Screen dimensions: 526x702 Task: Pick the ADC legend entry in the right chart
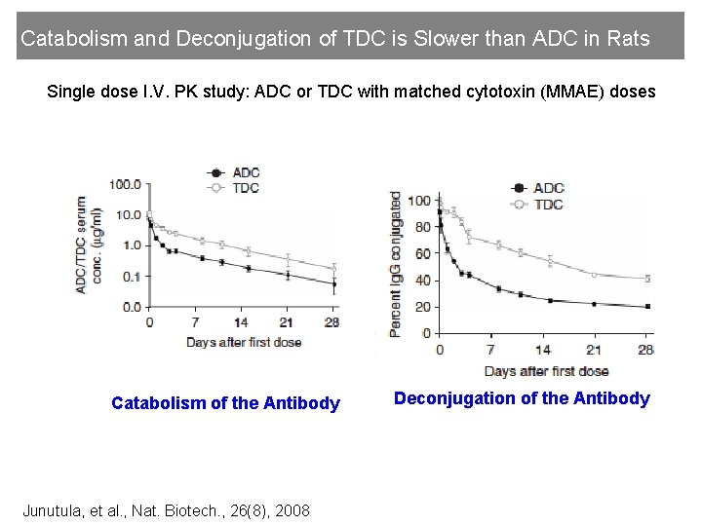click(x=549, y=188)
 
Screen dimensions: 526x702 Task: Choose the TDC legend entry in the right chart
click(x=549, y=205)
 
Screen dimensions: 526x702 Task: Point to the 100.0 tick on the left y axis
click(x=125, y=184)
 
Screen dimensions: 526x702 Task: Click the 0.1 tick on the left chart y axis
click(x=132, y=277)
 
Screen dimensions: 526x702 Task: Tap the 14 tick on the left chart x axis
click(x=242, y=322)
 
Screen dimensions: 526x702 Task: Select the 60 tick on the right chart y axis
click(x=420, y=254)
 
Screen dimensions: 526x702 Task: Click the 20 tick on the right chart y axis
click(x=420, y=307)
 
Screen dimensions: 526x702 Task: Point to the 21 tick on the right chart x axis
click(x=595, y=350)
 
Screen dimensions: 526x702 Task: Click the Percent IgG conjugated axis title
click(x=395, y=264)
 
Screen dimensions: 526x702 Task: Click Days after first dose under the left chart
click(x=244, y=342)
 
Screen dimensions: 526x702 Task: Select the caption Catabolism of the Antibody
click(x=225, y=403)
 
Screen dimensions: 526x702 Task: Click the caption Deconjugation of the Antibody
click(x=521, y=398)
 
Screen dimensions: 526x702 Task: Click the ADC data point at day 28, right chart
click(x=647, y=306)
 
